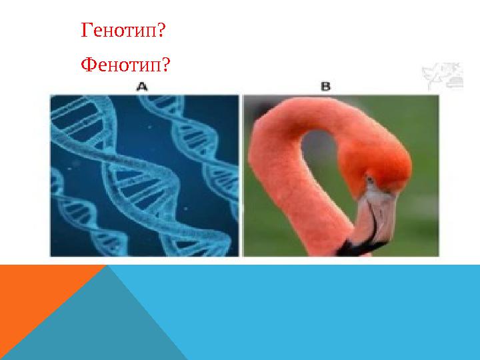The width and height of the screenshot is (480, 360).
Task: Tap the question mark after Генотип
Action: click(x=161, y=31)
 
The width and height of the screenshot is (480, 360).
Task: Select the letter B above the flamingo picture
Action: click(x=326, y=87)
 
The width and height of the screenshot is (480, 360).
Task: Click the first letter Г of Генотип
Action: click(x=85, y=31)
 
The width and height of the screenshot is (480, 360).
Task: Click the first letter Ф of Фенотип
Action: click(x=86, y=65)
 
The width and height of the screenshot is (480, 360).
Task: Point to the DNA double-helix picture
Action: click(x=145, y=175)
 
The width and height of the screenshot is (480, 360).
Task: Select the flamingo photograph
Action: click(x=341, y=175)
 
